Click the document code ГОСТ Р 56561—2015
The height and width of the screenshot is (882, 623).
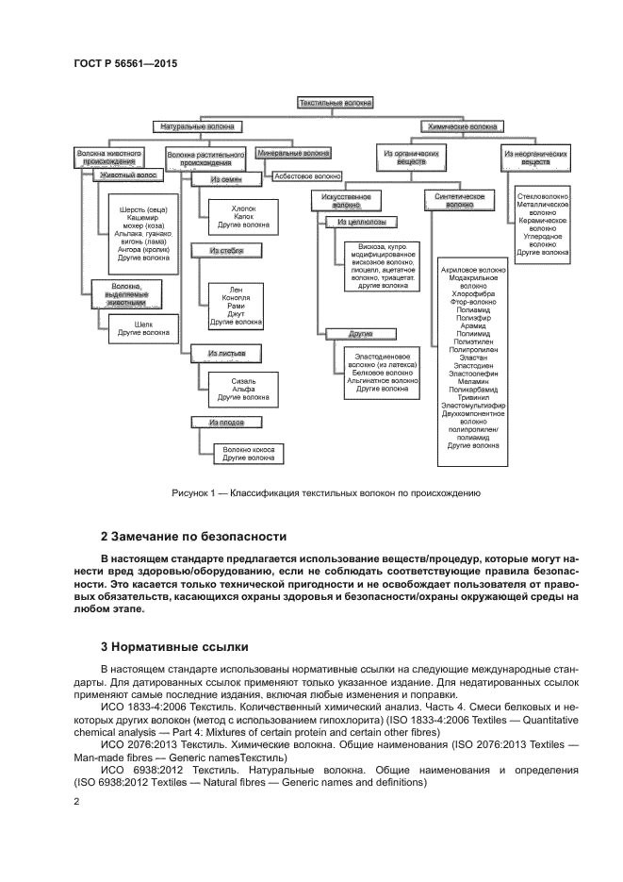coord(125,64)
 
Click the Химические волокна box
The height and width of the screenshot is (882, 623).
coord(465,125)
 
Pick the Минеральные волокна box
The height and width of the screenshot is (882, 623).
coord(293,151)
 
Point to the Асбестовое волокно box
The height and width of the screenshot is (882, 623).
coord(307,175)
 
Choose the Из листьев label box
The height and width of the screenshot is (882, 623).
coord(227,354)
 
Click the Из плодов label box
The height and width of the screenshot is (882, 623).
coord(227,423)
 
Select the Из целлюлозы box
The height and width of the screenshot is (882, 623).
coord(361,223)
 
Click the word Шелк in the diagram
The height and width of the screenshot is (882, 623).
coord(139,323)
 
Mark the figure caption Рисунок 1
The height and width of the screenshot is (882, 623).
coord(326,492)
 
